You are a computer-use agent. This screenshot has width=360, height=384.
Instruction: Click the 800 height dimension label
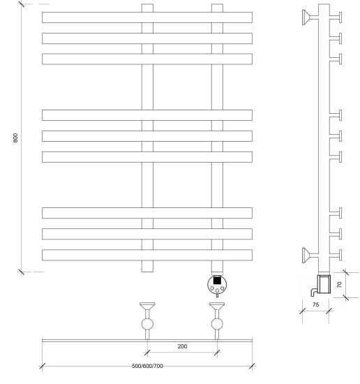coord(15,138)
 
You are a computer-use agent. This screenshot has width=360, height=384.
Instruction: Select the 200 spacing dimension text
coord(182,346)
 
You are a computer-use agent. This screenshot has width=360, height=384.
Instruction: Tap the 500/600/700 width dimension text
coord(147,366)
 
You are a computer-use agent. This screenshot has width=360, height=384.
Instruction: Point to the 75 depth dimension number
coord(316,304)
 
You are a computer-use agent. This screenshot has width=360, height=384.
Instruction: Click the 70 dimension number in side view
coord(339,285)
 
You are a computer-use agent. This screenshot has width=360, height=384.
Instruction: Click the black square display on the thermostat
coord(217,280)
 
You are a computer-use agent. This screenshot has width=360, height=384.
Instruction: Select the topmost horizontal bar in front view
coord(147,17)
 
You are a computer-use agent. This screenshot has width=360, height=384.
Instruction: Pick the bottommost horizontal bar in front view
coord(147,255)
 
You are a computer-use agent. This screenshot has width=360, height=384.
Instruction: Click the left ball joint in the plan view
coord(147,324)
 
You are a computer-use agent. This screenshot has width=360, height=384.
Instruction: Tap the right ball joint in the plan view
coord(217,324)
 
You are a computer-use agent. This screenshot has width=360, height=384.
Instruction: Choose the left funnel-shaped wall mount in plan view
coord(147,306)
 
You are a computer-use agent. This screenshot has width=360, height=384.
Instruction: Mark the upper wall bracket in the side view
coord(310,17)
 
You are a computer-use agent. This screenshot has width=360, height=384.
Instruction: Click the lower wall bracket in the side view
coord(310,255)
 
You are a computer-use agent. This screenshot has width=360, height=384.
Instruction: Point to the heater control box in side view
coord(324,284)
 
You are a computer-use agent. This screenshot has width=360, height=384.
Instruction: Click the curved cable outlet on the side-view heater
coord(314,292)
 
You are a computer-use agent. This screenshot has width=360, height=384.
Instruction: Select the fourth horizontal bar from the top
coord(147,115)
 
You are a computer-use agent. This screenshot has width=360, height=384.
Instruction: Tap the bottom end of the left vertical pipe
coord(147,272)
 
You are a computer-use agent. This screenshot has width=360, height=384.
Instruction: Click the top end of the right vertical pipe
coord(217,4)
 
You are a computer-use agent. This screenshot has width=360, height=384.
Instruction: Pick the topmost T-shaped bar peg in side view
coord(336,17)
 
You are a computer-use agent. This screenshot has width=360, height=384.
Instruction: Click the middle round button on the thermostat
coord(217,290)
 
